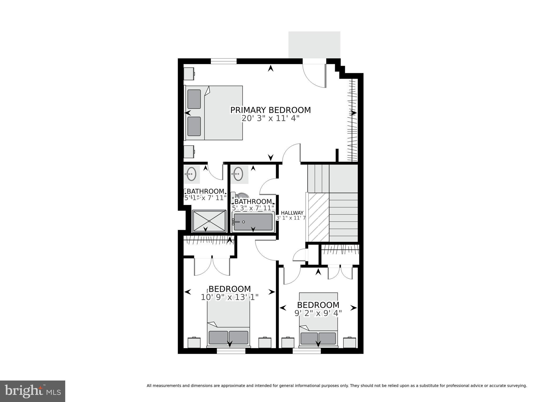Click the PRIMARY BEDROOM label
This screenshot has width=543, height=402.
[x=270, y=110]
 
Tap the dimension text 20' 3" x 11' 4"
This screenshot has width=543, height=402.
[x=270, y=118]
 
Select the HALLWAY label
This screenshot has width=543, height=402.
[x=292, y=213]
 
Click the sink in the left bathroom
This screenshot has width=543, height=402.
[x=190, y=174]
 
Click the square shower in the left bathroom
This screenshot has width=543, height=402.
[x=209, y=221]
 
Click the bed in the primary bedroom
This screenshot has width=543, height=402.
[x=214, y=113]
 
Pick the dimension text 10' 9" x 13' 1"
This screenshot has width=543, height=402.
[x=229, y=297]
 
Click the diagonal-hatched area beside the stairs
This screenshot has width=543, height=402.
[x=318, y=217]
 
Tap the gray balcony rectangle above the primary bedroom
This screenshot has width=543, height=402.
[x=314, y=45]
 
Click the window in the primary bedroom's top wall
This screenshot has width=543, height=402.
[x=224, y=61]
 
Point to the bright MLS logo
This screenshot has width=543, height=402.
[x=33, y=391]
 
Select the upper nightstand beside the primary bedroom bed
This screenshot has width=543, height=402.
[x=189, y=73]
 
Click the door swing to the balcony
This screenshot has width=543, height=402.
[x=314, y=76]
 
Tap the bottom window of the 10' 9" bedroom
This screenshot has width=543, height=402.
[x=231, y=351]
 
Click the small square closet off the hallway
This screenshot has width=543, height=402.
[x=313, y=254]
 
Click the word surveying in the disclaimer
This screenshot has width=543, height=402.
[x=517, y=386]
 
